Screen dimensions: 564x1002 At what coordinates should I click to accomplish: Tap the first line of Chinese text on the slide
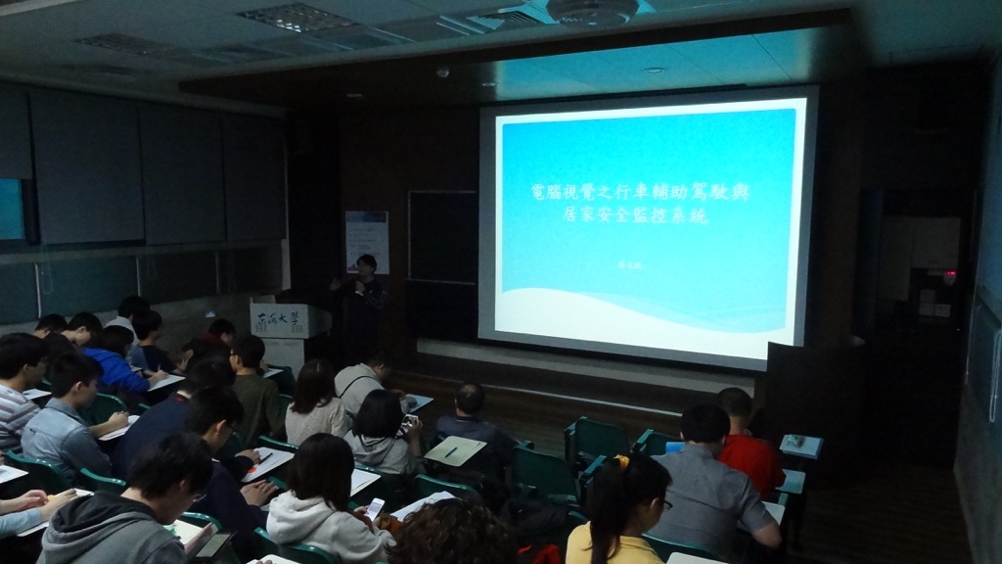(635, 192)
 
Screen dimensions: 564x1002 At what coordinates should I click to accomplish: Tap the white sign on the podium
(278, 319)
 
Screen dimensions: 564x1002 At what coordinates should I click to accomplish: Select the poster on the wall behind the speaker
(366, 241)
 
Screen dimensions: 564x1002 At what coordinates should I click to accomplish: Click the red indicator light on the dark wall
(948, 276)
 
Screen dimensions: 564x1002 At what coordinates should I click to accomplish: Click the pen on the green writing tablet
(450, 451)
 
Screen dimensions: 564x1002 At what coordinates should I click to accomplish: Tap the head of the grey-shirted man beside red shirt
(704, 424)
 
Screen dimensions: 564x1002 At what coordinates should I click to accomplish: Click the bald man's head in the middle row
(471, 399)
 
